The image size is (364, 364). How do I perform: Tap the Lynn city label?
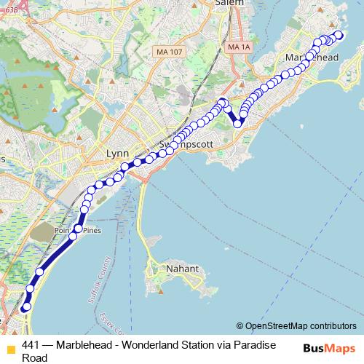[x=116, y=154]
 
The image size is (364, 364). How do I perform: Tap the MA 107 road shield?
[x=169, y=52]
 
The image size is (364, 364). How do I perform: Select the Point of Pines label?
[x=82, y=231]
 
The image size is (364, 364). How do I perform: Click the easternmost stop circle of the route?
[x=339, y=35]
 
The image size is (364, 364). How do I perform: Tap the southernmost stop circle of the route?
[x=25, y=307]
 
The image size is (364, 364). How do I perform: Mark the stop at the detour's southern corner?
[x=237, y=123]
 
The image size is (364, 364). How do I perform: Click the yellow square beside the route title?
[x=9, y=347]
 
